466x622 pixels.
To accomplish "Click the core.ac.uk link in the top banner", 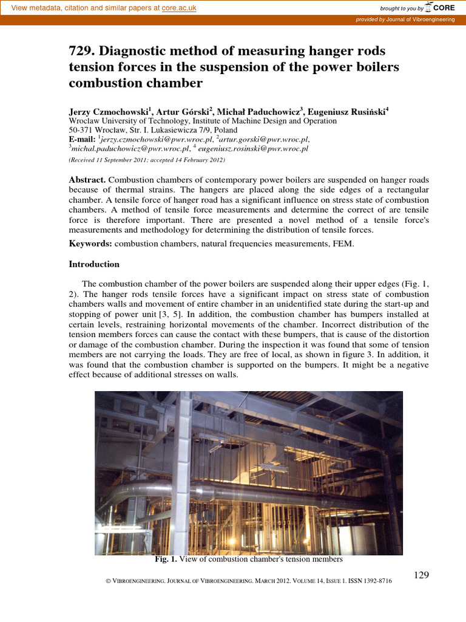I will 180,7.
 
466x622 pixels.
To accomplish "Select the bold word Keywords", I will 90,244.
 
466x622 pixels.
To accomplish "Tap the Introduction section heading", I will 94,264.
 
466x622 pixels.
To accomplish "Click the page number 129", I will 422,575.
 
